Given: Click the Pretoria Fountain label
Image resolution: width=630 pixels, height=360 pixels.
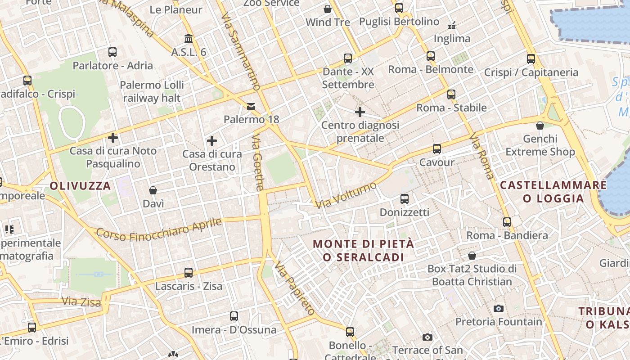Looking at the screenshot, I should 499,322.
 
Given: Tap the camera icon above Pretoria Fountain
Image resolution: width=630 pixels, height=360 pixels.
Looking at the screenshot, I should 498,308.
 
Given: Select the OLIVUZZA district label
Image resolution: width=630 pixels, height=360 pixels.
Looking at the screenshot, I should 80,186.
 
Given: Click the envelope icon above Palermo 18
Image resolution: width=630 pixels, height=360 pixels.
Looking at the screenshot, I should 251,107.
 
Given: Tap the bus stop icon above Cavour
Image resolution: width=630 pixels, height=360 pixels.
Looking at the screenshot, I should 436,149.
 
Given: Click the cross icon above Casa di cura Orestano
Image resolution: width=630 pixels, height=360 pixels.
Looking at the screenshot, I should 212,141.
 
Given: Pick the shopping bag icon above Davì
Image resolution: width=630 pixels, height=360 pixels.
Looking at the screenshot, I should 153,190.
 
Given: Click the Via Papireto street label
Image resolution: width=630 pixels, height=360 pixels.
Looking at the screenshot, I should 295,288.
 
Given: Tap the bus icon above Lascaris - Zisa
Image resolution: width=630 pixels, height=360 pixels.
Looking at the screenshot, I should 189,273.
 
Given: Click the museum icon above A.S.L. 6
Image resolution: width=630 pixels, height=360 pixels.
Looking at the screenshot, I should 189,39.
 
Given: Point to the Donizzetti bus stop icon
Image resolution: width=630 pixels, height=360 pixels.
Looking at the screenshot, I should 405,198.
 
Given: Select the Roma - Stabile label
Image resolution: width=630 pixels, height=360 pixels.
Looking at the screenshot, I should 451,108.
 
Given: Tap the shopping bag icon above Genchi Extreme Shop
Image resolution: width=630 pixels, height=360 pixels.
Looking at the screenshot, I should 540,126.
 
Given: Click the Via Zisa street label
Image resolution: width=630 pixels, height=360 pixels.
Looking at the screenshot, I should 81,301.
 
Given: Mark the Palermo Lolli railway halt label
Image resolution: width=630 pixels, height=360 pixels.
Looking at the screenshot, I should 152,91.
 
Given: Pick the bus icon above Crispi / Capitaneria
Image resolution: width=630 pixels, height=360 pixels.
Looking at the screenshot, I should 531,59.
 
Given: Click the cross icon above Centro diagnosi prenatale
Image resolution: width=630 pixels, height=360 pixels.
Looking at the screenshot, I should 360,112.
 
